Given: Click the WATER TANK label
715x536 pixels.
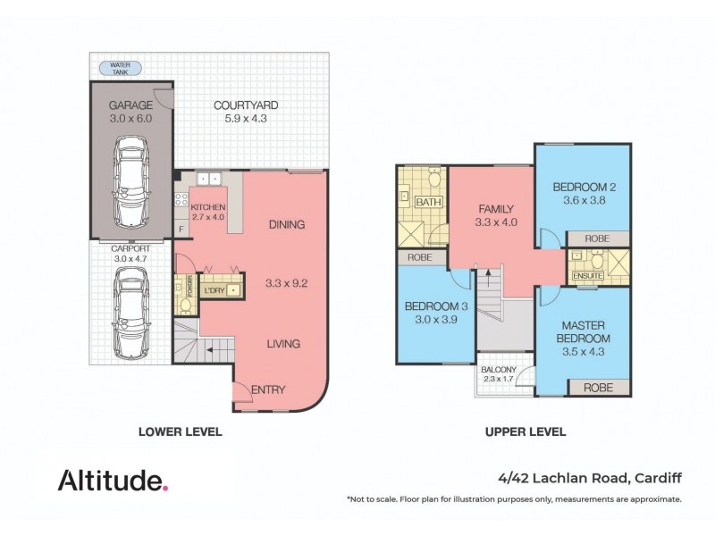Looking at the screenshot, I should coord(119,67).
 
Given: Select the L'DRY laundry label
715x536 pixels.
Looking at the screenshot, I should coord(214,291).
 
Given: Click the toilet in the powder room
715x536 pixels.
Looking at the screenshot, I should coord(185,304).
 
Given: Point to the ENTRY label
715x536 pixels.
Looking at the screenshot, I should coord(268,389).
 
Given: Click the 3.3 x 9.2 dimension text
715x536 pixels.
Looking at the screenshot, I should coord(286,283).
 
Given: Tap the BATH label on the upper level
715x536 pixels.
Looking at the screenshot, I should coord(428,204).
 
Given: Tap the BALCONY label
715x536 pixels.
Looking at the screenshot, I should coord(498,370).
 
